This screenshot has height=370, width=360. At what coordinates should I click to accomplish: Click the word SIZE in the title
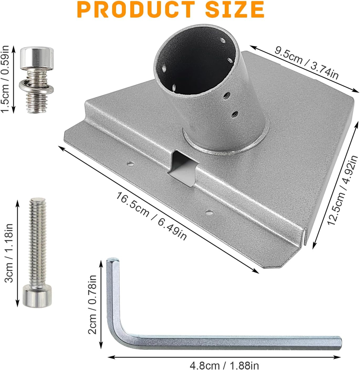pyautogui.click(x=235, y=9)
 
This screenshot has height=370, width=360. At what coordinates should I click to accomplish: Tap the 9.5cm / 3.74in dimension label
pyautogui.click(x=306, y=63)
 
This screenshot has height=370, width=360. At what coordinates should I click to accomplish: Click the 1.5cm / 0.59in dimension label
pyautogui.click(x=5, y=79)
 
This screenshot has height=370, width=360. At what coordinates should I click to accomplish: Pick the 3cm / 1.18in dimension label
pyautogui.click(x=9, y=253)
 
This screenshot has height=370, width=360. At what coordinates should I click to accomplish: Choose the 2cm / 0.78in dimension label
pyautogui.click(x=92, y=304)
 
